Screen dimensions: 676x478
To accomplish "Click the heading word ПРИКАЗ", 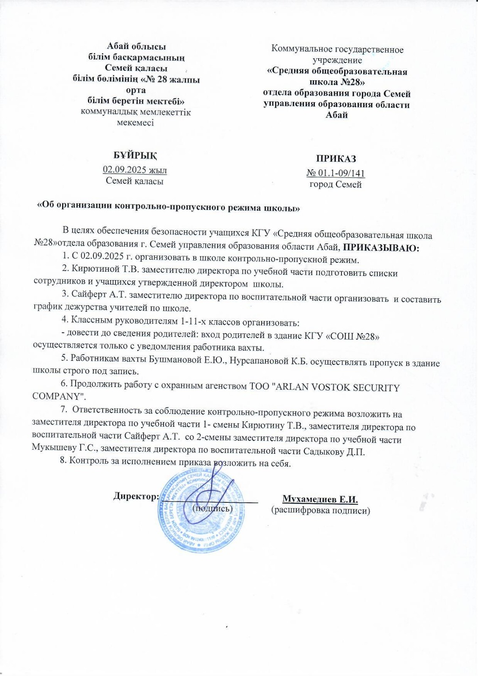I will pos(336,159).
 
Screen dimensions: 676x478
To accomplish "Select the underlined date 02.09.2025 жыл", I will pos(135,170).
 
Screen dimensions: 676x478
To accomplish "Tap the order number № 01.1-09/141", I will pos(336,173).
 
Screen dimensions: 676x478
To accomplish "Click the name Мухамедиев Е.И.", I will pos(320,499).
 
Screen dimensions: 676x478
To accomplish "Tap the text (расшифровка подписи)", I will pos(320,510).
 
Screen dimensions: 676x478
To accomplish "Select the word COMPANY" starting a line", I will pos(59,397).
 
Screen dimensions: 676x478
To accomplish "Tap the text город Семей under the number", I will pos(336,184).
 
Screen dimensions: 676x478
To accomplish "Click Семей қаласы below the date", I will pos(134,181).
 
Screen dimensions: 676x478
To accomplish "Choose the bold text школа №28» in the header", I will pos(337,82).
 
